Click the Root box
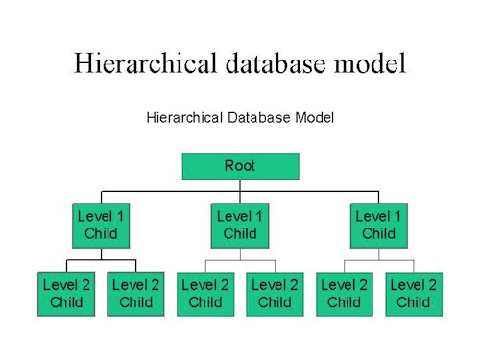point(240,166)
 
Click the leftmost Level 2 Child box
point(66,293)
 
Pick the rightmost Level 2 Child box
point(414,293)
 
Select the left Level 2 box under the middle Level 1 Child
point(205,293)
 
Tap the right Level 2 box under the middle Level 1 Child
point(275,293)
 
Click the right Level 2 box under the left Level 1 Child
point(136,293)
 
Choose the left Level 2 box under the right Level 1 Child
point(344,293)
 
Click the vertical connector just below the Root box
point(240,184)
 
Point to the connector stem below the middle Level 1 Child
point(240,253)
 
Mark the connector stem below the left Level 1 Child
point(101,253)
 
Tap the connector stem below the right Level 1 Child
point(378,253)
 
